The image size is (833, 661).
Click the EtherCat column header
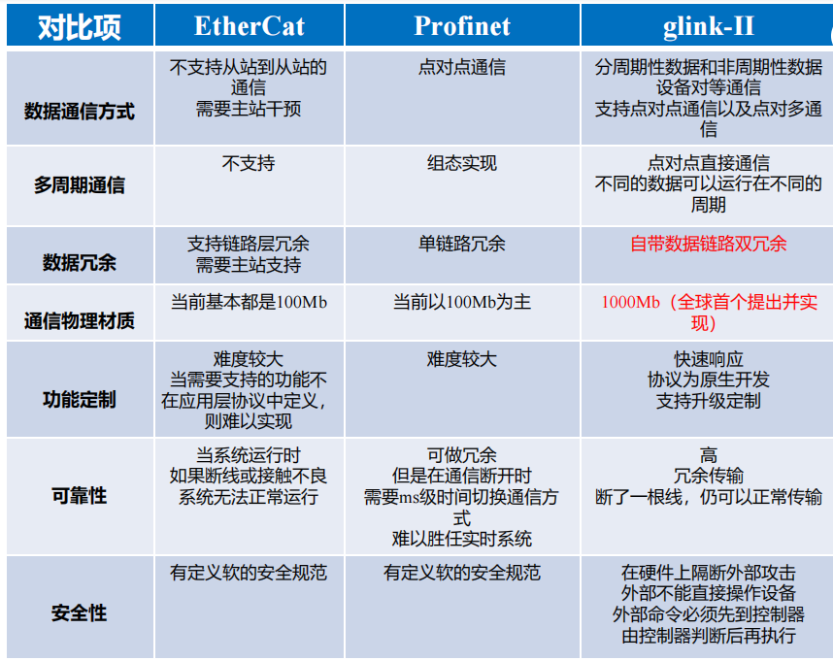coord(250,26)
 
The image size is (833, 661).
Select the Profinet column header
coord(462,26)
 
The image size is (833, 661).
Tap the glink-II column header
coord(708,26)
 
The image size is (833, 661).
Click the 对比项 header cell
coord(80,27)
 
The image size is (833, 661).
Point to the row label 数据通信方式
coord(80,112)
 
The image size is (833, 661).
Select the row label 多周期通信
coord(80,185)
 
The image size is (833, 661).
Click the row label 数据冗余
coord(80,262)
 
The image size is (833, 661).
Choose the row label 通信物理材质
coord(80,320)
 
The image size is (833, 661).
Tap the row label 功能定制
coord(80,399)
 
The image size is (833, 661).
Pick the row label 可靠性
coord(80,495)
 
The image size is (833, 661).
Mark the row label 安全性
coord(80,612)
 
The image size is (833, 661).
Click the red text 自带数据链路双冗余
coord(708,244)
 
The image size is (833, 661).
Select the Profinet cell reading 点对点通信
coord(462,67)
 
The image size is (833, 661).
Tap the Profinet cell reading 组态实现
coord(462,163)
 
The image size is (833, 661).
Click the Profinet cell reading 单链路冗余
coord(462,244)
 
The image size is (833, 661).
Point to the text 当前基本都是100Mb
coord(249,302)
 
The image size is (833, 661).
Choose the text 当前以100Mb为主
coord(462,302)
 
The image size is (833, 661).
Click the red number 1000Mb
coord(631,302)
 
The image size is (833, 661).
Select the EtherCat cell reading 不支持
coord(249,163)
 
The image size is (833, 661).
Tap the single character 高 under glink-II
coord(708,455)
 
